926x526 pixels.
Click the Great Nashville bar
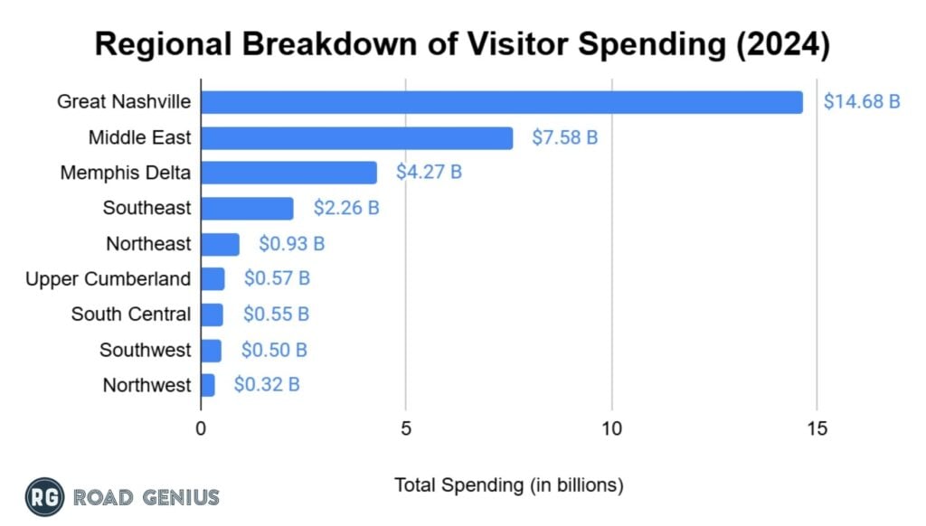coord(501,102)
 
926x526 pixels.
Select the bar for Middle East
coord(356,137)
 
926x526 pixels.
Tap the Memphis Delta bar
coord(288,173)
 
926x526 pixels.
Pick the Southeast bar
coord(247,208)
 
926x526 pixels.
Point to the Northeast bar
coord(220,244)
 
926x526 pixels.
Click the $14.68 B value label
coord(861,101)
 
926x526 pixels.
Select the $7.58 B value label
coord(564,137)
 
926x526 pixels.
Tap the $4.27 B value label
coord(429,172)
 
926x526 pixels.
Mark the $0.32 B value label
coord(267,385)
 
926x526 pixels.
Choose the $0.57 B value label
coord(277,278)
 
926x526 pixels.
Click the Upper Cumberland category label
coord(109,278)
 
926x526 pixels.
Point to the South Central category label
coord(131,315)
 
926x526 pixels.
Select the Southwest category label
coord(146,350)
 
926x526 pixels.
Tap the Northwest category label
coord(146,385)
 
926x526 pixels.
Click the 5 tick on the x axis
coord(406,428)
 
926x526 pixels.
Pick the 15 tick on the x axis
coord(817,428)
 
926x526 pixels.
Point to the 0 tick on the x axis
coord(201,428)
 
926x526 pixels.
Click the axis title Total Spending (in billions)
coord(509,485)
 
